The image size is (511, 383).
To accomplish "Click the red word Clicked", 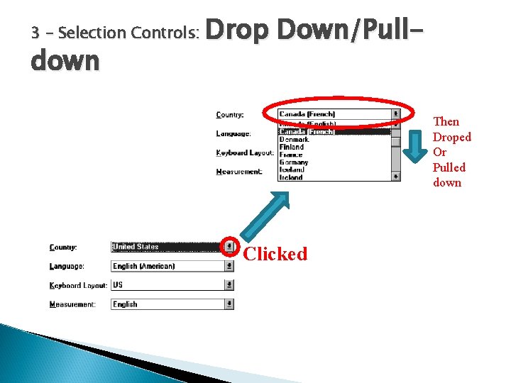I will [x=275, y=254].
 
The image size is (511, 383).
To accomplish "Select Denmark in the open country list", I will [x=294, y=140].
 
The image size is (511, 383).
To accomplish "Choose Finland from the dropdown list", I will [x=291, y=147].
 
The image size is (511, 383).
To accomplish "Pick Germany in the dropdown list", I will [x=294, y=162].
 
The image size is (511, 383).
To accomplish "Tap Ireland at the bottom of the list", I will [x=291, y=177].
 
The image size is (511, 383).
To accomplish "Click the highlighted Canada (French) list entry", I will [x=307, y=132].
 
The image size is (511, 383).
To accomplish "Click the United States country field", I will [x=167, y=247].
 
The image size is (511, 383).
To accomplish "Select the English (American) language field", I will [x=167, y=266].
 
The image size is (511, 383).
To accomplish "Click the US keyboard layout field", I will [x=167, y=285].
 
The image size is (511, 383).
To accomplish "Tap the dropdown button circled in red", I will [x=229, y=247].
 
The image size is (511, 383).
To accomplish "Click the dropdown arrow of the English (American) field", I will [x=229, y=266].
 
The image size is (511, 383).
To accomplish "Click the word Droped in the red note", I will [x=452, y=137].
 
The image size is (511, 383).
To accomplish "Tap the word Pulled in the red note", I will [x=449, y=167].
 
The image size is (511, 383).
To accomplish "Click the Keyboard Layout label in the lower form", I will [x=78, y=285].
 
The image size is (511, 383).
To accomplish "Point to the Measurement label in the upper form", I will [x=239, y=171].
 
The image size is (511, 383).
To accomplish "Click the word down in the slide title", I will [x=65, y=60].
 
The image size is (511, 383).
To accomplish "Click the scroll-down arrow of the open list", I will [x=395, y=177].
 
